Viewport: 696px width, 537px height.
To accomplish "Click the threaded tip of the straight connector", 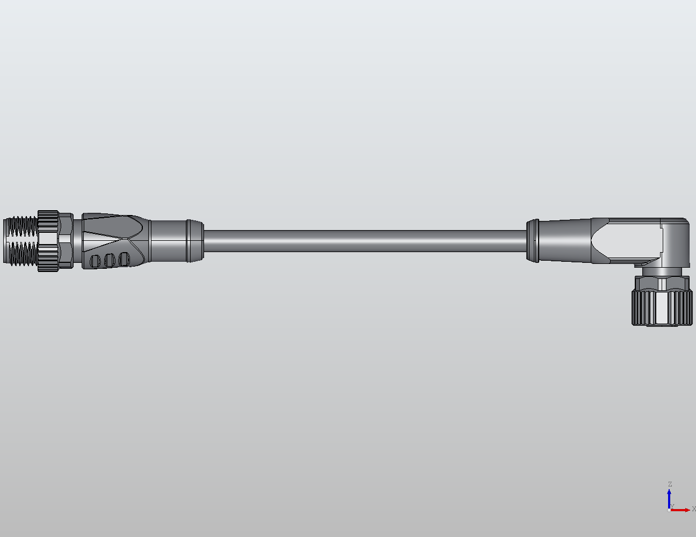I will pyautogui.click(x=20, y=241).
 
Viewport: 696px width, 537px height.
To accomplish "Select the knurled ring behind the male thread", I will pyautogui.click(x=48, y=241).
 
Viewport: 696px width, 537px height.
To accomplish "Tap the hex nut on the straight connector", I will pyautogui.click(x=66, y=241).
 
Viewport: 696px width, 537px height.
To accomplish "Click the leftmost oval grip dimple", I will pyautogui.click(x=96, y=261).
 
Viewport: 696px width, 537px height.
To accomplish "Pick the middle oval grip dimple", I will pyautogui.click(x=110, y=260).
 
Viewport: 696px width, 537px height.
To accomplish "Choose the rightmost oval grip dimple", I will pyautogui.click(x=124, y=260).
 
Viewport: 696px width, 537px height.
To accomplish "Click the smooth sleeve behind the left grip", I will pyautogui.click(x=168, y=241).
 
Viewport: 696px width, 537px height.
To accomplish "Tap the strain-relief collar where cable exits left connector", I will pyautogui.click(x=194, y=241).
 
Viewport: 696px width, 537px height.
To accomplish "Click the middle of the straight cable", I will pyautogui.click(x=365, y=241).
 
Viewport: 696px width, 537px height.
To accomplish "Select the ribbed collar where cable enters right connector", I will pyautogui.click(x=533, y=241).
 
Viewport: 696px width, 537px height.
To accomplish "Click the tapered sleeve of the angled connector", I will pyautogui.click(x=564, y=241).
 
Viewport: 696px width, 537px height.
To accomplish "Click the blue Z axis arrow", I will pyautogui.click(x=669, y=497).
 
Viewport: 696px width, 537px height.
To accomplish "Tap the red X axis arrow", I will pyautogui.click(x=682, y=510).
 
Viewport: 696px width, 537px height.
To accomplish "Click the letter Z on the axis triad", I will pyautogui.click(x=670, y=484).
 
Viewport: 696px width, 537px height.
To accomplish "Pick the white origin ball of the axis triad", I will pyautogui.click(x=669, y=510).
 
